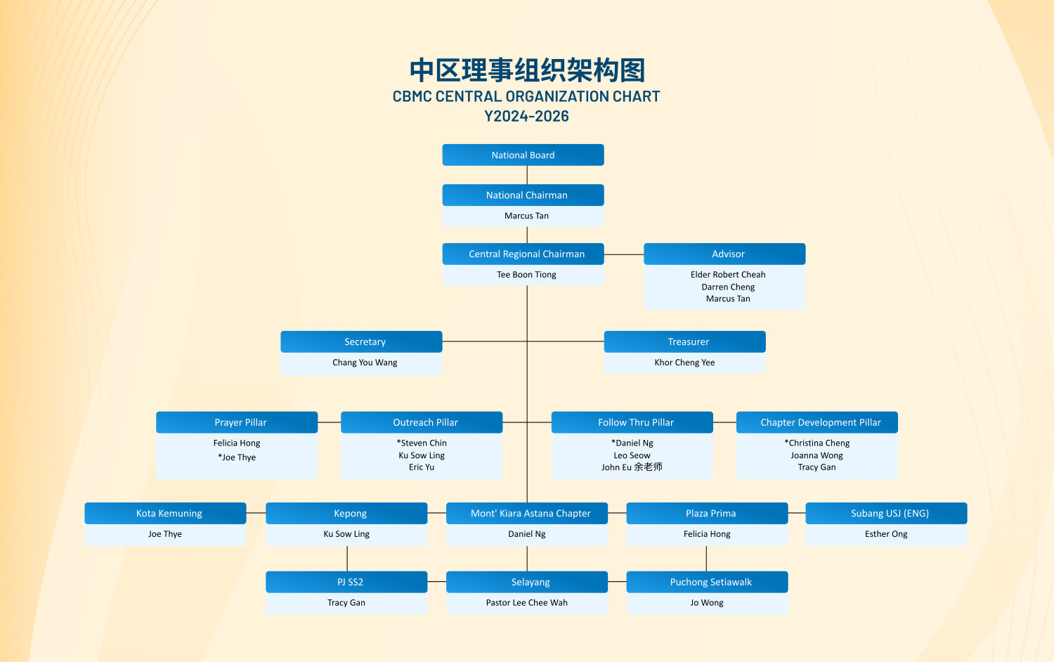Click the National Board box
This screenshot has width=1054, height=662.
(523, 155)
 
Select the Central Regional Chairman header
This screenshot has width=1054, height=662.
(523, 254)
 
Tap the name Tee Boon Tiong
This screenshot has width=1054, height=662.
(526, 275)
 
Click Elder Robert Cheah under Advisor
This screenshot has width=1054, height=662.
(728, 275)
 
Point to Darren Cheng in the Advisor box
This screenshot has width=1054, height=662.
(728, 287)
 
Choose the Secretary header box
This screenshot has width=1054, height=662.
(361, 342)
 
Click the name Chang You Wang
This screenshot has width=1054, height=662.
(365, 363)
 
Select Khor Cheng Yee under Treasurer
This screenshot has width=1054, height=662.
(684, 363)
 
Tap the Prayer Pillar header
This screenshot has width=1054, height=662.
(237, 422)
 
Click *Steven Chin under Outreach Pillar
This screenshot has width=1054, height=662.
(422, 443)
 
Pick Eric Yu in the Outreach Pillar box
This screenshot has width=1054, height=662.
(422, 467)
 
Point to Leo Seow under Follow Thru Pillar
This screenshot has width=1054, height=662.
(632, 455)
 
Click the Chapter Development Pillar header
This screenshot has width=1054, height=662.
(816, 422)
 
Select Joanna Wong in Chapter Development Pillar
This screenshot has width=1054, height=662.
(816, 455)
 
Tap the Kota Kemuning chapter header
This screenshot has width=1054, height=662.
(165, 513)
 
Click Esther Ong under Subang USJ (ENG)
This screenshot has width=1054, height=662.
(886, 534)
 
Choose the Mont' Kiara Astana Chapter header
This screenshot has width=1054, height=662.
(527, 513)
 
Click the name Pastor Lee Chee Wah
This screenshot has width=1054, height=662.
(526, 603)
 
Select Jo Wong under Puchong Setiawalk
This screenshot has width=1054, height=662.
(707, 603)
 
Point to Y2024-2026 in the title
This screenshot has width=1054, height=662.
(526, 116)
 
